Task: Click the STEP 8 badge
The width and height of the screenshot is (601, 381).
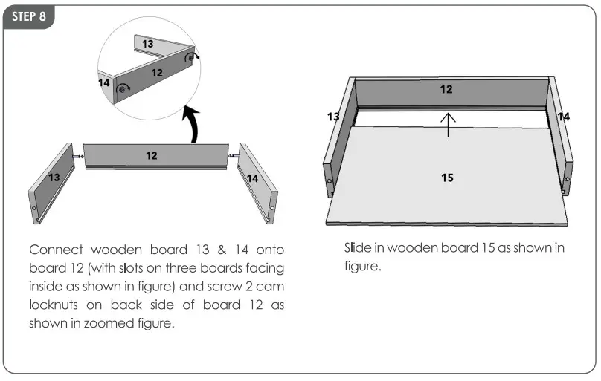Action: pos(28,17)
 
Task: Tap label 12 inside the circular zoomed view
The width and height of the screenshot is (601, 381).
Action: pos(157,73)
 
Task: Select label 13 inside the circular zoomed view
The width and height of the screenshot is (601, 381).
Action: pos(148,45)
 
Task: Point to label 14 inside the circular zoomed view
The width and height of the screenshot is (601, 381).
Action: pos(104,82)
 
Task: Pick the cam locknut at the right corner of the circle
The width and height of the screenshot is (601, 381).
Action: pos(190,57)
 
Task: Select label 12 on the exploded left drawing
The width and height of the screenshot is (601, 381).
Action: pos(151,156)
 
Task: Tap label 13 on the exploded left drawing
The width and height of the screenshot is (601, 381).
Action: pos(54,178)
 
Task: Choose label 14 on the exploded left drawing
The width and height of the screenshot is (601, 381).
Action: pos(252,178)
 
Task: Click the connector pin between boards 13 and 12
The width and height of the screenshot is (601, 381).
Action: pos(77,156)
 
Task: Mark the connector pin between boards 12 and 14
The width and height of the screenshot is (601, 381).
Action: pos(233,156)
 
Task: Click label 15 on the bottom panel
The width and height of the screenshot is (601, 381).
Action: pos(447,178)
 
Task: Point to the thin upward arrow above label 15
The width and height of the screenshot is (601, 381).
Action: pos(447,125)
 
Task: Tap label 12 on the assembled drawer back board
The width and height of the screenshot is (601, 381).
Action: pos(446,89)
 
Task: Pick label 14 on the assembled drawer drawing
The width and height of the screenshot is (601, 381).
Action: pos(563,117)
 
